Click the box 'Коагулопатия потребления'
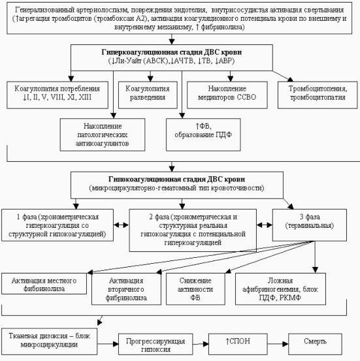[x=57, y=95]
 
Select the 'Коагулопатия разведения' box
[x=148, y=95]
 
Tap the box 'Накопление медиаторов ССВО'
[x=227, y=95]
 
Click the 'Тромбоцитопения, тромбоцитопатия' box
[x=318, y=95]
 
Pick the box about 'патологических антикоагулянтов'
[x=103, y=134]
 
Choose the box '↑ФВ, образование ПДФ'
[x=203, y=134]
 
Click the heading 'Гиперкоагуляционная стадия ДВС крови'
[x=172, y=52]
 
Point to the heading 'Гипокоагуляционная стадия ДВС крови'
[x=177, y=179]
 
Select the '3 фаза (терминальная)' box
[x=310, y=225]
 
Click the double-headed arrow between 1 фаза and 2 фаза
[x=122, y=225]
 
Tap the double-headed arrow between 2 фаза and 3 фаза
[x=265, y=225]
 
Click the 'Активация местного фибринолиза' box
[x=44, y=283]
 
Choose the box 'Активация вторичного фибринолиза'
[x=126, y=289]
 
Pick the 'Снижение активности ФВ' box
[x=195, y=289]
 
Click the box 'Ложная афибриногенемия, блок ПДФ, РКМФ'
[x=280, y=289]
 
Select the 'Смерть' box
[x=315, y=344]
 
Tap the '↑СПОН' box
[x=238, y=344]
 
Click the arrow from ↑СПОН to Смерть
[x=278, y=344]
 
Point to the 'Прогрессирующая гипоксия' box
[x=155, y=344]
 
